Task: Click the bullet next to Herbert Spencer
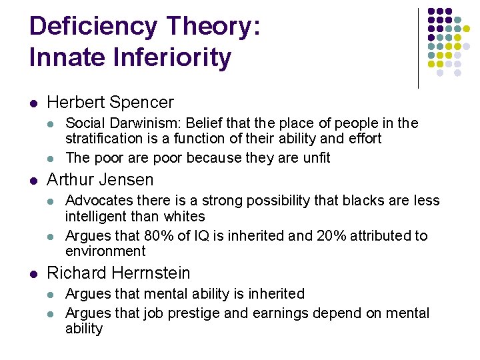point(33,103)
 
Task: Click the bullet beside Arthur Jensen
point(33,181)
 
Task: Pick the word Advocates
point(95,201)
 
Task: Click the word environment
point(105,251)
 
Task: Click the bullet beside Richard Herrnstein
point(33,274)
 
